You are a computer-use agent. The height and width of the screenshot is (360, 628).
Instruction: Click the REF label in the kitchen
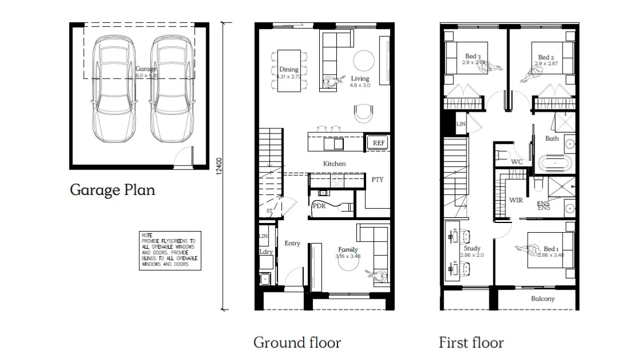tap(378, 143)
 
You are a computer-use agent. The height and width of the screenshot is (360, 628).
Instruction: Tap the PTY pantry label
tap(377, 179)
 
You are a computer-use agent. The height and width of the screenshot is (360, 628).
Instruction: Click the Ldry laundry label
tap(266, 252)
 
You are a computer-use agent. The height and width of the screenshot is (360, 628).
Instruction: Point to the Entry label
tap(292, 243)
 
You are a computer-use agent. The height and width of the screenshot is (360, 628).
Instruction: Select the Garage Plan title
tap(112, 190)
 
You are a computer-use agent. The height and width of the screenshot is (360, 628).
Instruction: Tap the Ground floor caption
tap(297, 343)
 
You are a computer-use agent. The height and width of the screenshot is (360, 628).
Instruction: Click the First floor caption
tap(471, 343)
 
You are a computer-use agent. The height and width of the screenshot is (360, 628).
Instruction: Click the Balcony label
tap(542, 299)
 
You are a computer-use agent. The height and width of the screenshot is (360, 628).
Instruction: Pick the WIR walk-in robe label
tap(516, 200)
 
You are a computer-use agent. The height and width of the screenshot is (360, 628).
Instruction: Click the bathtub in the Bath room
tap(555, 164)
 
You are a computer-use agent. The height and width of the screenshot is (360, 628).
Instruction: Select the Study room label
tap(472, 248)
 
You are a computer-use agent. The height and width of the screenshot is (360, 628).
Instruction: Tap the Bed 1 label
tap(550, 249)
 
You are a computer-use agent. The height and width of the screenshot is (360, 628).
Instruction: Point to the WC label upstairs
tap(517, 162)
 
